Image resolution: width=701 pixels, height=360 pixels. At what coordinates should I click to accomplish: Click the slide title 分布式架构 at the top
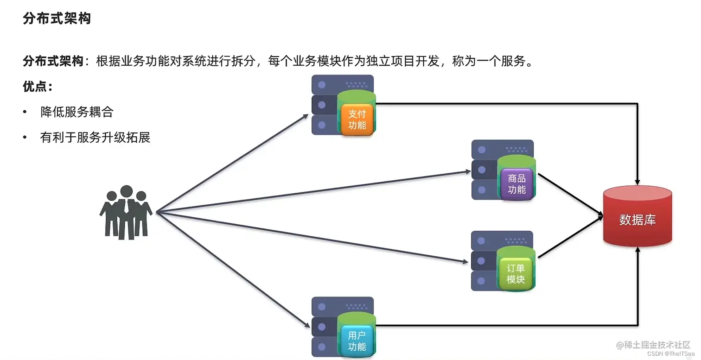pos(57,19)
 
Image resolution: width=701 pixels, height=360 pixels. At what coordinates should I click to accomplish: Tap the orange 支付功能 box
pos(357,120)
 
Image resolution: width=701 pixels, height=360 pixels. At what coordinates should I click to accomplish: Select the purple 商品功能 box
pos(516,184)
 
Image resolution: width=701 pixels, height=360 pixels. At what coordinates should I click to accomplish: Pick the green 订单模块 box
pos(516,274)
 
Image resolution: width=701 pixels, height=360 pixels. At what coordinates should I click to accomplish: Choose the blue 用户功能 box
pos(357,341)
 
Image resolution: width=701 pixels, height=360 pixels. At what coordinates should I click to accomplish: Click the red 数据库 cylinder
pos(637,218)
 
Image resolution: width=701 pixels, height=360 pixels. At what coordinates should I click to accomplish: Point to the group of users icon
pos(126,213)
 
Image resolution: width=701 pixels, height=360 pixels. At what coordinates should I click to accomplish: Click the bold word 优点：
pos(38,87)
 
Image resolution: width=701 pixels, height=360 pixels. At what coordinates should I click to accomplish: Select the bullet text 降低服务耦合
pos(77,112)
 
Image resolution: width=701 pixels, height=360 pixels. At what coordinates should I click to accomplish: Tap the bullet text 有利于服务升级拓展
pos(95,138)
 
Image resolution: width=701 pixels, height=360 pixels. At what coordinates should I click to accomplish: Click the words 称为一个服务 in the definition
pos(491,61)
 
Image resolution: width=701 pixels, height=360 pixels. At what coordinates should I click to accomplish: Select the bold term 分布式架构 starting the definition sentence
pos(53,61)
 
